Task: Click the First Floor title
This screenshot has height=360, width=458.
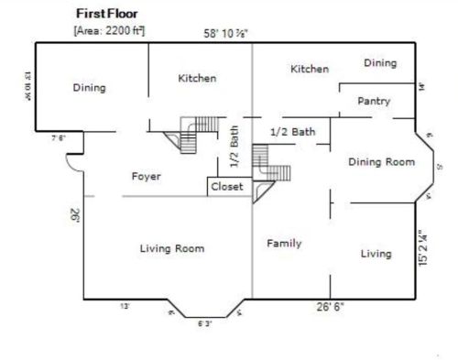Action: tap(109, 15)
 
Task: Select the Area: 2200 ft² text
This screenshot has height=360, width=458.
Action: tap(109, 30)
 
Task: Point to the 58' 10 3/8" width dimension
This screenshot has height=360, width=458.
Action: tap(225, 34)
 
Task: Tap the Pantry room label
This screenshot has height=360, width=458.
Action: tap(374, 101)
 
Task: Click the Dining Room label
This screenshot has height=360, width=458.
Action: tap(382, 161)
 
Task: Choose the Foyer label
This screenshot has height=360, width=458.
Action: tap(147, 176)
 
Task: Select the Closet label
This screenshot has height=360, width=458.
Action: tap(227, 186)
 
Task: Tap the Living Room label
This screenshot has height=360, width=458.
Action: tap(171, 248)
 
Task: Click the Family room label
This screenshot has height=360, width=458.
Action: tap(284, 243)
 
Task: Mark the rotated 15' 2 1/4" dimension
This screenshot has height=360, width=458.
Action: tap(422, 247)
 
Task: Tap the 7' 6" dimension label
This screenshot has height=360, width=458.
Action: tap(58, 138)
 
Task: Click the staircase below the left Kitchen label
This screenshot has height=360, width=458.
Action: tap(195, 133)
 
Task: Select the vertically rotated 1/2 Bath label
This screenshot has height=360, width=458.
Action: tap(234, 147)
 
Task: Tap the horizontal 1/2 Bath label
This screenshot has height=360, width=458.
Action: tap(292, 132)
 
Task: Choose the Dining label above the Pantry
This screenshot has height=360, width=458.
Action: tap(380, 63)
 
